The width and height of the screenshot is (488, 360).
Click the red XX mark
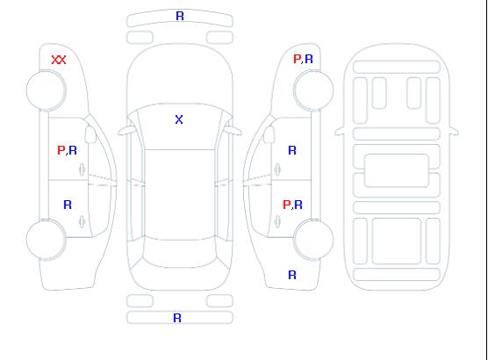click(59, 60)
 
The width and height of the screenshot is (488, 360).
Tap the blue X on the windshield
click(179, 119)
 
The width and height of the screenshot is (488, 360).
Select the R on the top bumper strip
click(180, 16)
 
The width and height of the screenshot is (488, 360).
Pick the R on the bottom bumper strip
click(177, 318)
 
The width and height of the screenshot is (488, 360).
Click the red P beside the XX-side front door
click(61, 150)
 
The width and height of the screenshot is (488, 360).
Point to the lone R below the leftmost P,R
click(68, 205)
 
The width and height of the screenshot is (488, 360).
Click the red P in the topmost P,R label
click(297, 59)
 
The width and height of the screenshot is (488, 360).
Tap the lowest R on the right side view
click(292, 275)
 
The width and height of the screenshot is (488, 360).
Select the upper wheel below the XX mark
click(46, 90)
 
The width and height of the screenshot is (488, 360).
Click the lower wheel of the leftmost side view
click(46, 240)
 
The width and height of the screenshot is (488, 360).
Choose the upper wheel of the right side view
click(313, 90)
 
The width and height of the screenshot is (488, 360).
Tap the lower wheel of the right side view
click(313, 240)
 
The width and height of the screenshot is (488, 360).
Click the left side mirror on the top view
click(126, 131)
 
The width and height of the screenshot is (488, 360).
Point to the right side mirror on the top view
click(233, 131)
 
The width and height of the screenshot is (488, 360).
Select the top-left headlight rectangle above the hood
click(140, 38)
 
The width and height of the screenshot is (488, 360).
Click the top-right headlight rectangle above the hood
click(219, 38)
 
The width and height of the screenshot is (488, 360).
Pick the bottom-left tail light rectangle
click(140, 301)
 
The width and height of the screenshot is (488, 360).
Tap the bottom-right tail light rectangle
click(219, 301)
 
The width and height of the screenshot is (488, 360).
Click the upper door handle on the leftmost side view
click(83, 169)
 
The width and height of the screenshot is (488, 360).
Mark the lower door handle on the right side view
click(277, 221)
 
